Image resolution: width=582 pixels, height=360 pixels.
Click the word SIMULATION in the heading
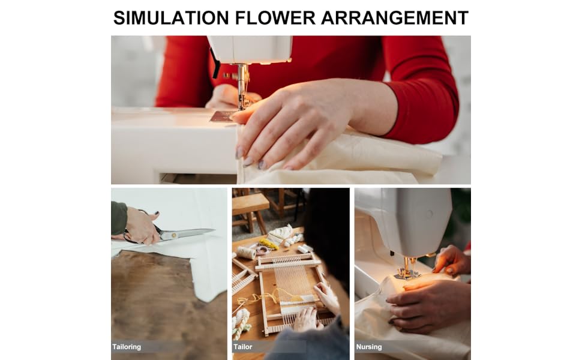(171, 18)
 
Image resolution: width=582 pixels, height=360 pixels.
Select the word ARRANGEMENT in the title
(395, 18)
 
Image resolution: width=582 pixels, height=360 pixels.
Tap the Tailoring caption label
(127, 347)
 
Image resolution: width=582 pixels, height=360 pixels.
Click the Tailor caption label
(243, 347)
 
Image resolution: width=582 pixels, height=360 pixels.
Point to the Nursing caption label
(369, 347)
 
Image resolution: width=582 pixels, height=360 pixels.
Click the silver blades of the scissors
(189, 234)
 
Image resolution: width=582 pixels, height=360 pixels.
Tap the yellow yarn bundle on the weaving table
(268, 244)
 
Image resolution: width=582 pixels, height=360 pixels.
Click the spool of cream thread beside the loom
(246, 253)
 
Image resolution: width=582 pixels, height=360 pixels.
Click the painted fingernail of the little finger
(262, 164)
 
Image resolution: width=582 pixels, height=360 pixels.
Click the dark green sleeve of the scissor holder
(119, 218)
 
